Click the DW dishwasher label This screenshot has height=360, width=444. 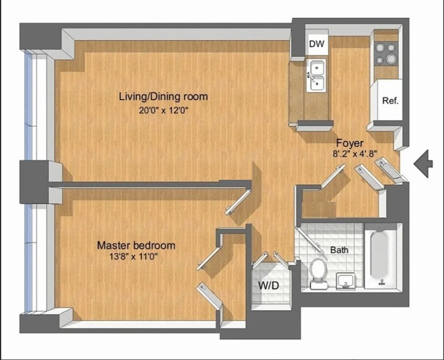pos(316,44)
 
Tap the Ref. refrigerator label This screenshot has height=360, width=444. pos(390,101)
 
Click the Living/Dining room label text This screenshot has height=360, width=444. pos(163,96)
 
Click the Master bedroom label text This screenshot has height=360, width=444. pos(136,245)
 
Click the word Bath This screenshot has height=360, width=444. pos(339,250)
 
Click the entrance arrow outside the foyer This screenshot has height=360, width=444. pos(424,163)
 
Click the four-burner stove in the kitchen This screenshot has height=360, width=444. pos(386,53)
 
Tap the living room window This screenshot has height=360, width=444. pos(29,107)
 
